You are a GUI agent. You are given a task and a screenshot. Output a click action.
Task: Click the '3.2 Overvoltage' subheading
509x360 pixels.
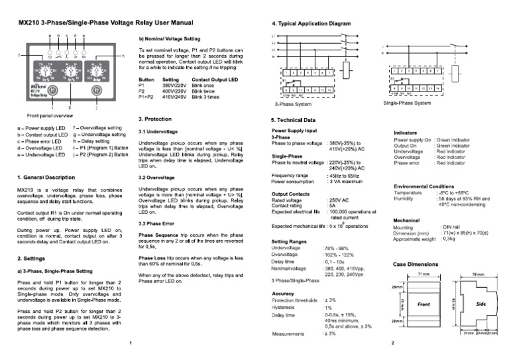point(159,178)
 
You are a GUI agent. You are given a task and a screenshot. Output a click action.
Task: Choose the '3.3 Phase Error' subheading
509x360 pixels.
point(160,223)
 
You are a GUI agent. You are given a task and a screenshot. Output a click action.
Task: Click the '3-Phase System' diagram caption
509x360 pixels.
point(293,104)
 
